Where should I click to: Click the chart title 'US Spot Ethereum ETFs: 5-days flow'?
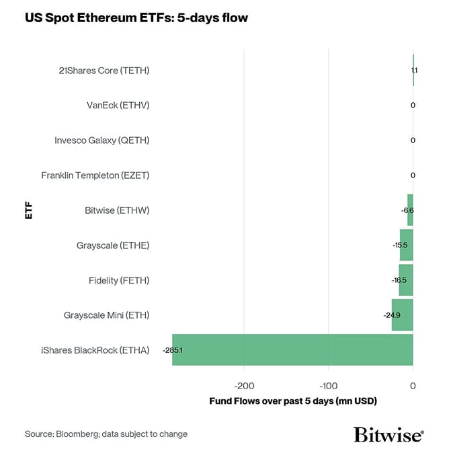tap(136, 18)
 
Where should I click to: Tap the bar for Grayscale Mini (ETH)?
tap(402, 315)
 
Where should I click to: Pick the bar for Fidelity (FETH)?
tap(406, 280)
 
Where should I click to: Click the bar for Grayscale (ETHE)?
tap(407, 245)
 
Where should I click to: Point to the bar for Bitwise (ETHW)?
tap(410, 210)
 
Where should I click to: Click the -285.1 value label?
tap(173, 350)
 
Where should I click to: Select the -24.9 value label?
tap(392, 315)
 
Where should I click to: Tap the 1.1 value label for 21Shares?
tap(414, 70)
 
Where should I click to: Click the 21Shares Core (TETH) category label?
tap(104, 70)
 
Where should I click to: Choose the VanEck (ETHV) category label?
tap(118, 105)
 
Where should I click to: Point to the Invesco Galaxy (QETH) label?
tap(101, 140)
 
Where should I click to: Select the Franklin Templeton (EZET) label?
tap(95, 175)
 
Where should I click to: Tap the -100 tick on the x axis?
tap(328, 386)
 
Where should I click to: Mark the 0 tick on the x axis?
tap(413, 386)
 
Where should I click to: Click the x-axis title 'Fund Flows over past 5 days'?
tap(294, 401)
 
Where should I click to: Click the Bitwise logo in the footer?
tap(388, 434)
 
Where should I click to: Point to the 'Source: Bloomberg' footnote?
tap(106, 434)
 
